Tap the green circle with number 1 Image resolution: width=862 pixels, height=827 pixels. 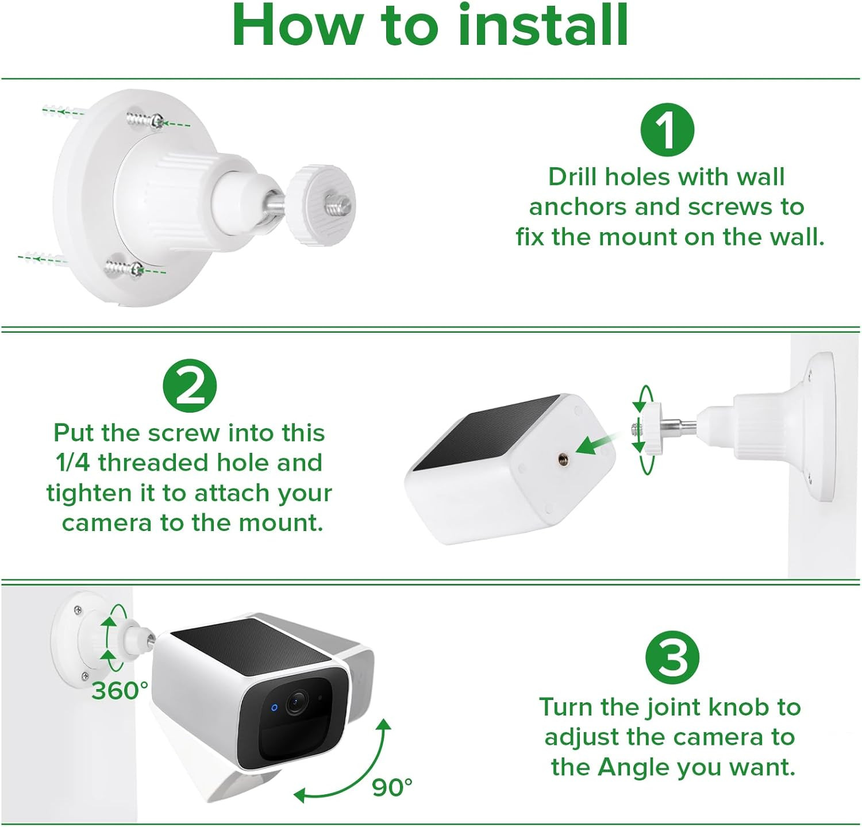(x=667, y=130)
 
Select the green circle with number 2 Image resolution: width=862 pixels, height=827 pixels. (x=190, y=386)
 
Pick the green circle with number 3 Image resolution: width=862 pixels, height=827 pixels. (x=672, y=657)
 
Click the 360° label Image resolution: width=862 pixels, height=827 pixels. (x=120, y=690)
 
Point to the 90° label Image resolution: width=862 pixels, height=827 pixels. (x=392, y=787)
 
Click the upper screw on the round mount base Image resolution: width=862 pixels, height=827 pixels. (x=145, y=121)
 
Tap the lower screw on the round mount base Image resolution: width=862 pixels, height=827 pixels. (x=125, y=268)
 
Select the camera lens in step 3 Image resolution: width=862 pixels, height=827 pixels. (x=296, y=702)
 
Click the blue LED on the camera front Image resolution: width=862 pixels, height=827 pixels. (x=274, y=707)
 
